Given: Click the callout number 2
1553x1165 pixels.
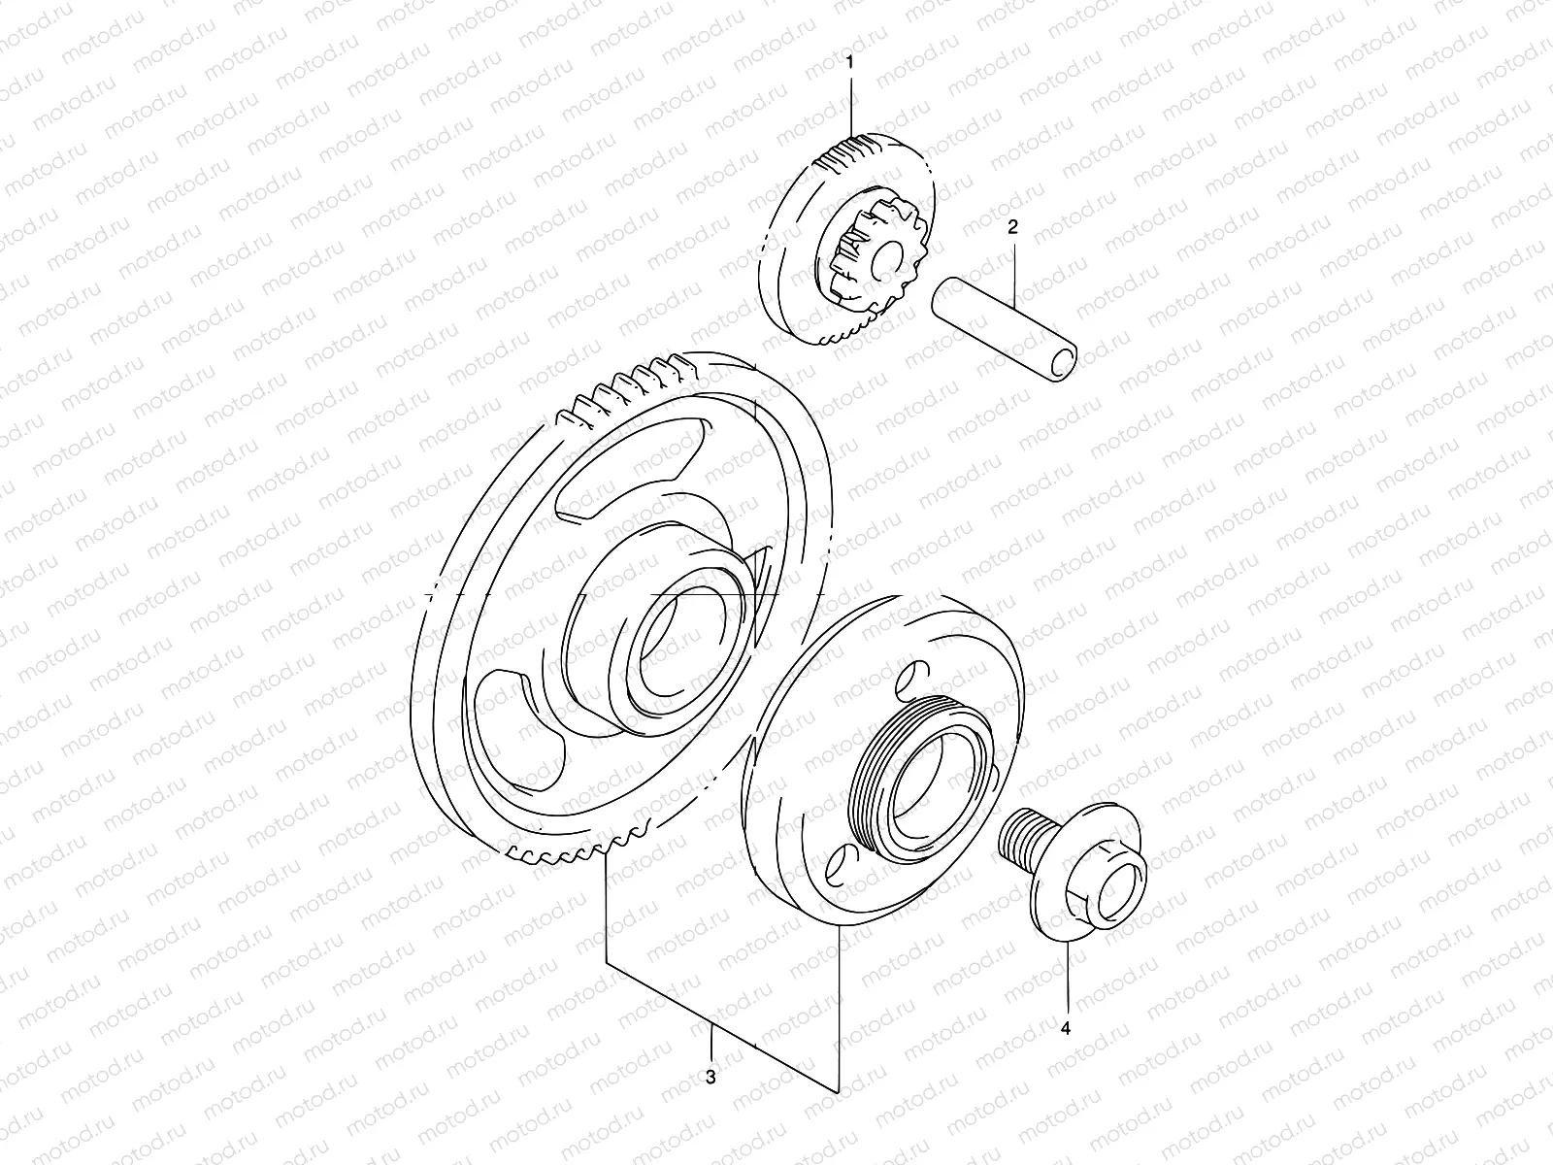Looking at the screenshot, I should tap(1012, 228).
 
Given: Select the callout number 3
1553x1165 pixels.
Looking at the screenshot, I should tap(710, 1077).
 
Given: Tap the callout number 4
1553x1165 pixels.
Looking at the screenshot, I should tap(1065, 1027).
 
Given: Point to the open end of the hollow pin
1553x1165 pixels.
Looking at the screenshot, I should tap(1065, 359).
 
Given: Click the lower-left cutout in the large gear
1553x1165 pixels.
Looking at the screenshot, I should tap(514, 718).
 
